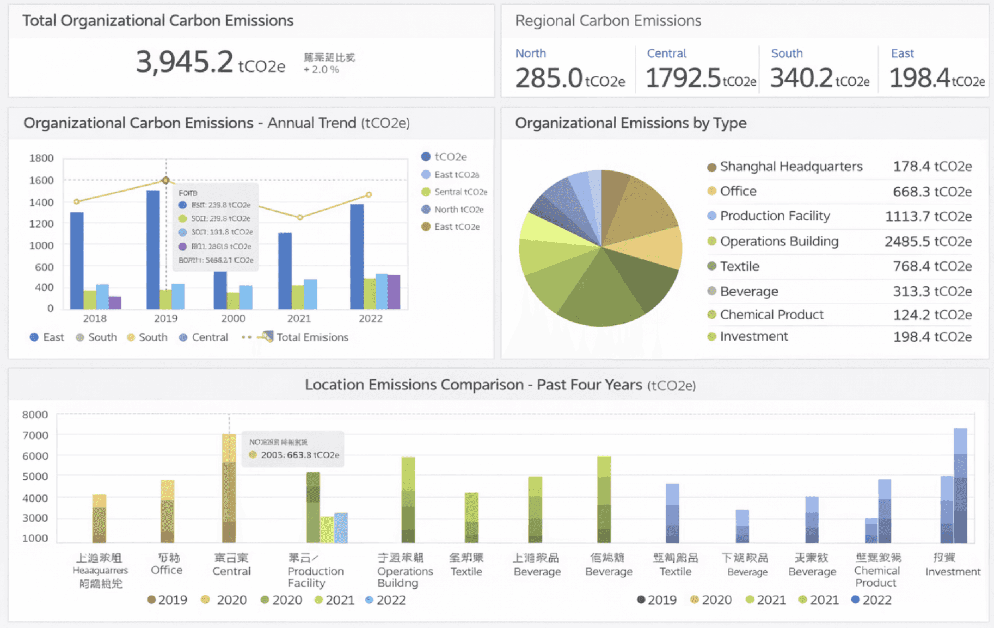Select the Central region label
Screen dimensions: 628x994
tap(666, 53)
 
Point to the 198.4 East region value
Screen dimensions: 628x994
tap(920, 78)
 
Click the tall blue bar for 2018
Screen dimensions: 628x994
tap(77, 261)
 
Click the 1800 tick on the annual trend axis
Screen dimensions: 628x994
tap(41, 158)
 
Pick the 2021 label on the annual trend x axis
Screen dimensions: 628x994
tap(299, 318)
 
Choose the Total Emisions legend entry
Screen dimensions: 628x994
tap(312, 337)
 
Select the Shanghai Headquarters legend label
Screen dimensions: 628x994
tap(791, 167)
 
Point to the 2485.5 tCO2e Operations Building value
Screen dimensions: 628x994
tap(928, 241)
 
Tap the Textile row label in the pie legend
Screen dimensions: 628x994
tap(739, 266)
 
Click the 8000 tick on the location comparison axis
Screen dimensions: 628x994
tap(35, 414)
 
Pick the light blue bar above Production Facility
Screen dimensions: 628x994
tap(341, 528)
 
